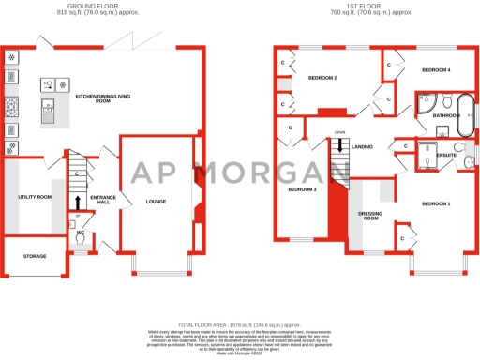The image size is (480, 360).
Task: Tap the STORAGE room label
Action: [35, 255]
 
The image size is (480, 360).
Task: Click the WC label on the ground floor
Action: [81, 232]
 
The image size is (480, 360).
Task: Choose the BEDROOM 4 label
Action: [436, 70]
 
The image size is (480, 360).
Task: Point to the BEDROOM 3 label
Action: [302, 189]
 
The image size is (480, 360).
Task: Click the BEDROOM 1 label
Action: [436, 203]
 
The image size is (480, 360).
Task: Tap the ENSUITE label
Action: [446, 155]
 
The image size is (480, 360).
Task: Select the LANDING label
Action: [363, 147]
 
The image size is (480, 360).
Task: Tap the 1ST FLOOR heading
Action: [370, 7]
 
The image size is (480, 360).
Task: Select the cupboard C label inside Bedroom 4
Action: [388, 66]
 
